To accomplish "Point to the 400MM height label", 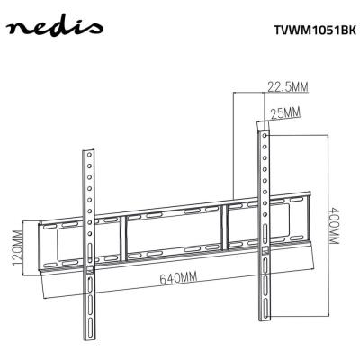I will click(333, 225).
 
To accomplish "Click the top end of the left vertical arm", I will click(89, 150).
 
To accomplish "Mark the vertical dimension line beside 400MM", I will click(321, 225).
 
